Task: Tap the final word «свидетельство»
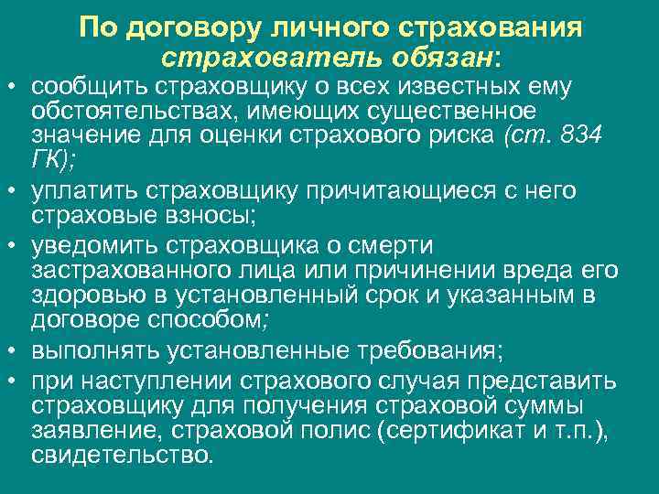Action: click(119, 454)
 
